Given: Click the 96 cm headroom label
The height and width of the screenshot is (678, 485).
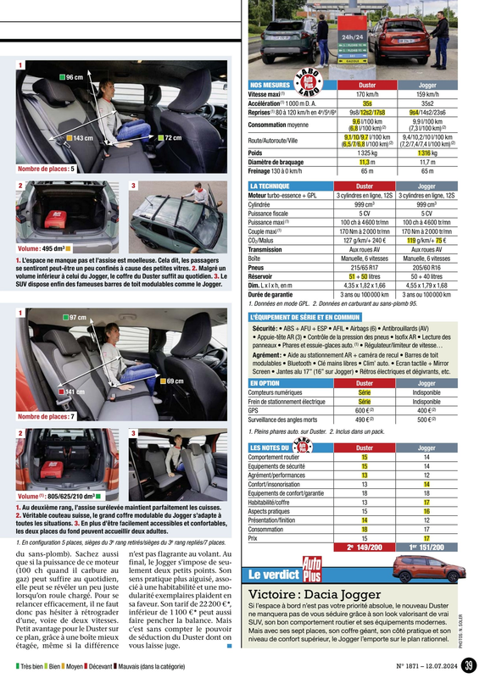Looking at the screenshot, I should pyautogui.click(x=73, y=78).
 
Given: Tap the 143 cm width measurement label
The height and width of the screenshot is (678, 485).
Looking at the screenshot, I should pyautogui.click(x=81, y=138).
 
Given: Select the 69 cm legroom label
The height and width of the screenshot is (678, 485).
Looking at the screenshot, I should pyautogui.click(x=173, y=381).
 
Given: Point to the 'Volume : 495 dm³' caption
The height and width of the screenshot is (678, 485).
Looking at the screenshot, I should pyautogui.click(x=40, y=249).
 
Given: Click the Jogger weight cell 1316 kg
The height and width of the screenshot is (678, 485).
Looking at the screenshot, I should pyautogui.click(x=426, y=153).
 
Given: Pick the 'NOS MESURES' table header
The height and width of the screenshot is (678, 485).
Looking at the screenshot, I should pyautogui.click(x=270, y=85).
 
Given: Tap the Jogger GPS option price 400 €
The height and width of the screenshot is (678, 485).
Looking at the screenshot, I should pyautogui.click(x=426, y=410).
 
